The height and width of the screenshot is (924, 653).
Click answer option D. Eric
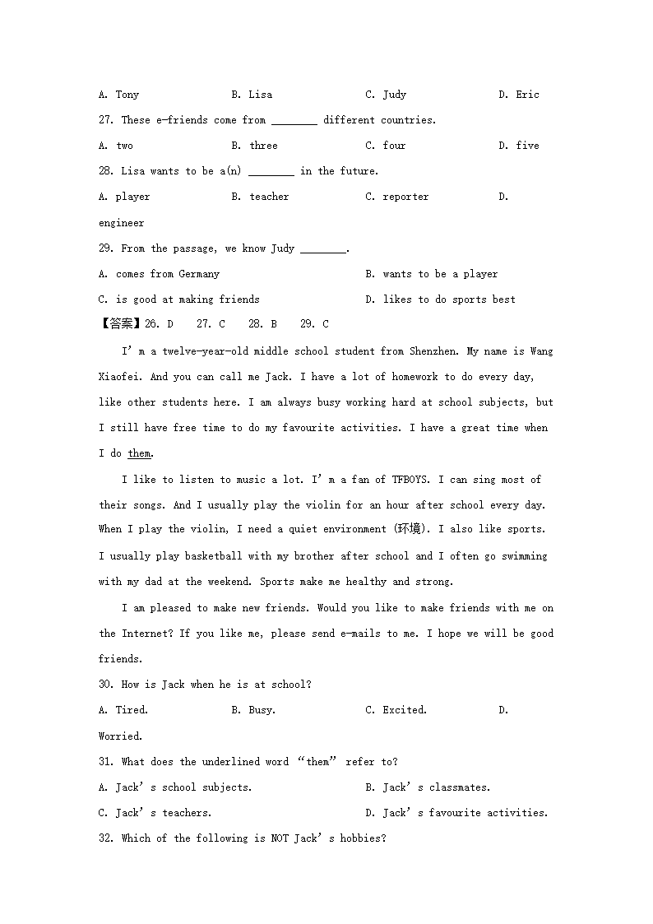pyautogui.click(x=519, y=95)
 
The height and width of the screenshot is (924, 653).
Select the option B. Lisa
pyautogui.click(x=252, y=95)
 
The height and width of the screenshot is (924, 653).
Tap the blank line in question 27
pyautogui.click(x=294, y=121)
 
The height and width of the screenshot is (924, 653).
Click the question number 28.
pyautogui.click(x=106, y=171)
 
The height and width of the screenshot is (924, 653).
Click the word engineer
pyautogui.click(x=121, y=223)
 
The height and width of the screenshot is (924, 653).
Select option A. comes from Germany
pyautogui.click(x=159, y=274)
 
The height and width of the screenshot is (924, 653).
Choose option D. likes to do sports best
pyautogui.click(x=441, y=299)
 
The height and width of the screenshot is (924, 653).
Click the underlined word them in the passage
pyautogui.click(x=140, y=453)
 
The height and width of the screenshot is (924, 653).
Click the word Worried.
pyautogui.click(x=121, y=736)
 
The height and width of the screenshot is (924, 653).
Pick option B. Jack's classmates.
pyautogui.click(x=428, y=787)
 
